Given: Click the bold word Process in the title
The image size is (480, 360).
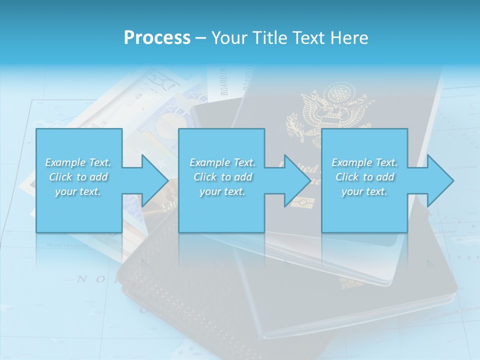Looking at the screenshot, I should (x=157, y=38).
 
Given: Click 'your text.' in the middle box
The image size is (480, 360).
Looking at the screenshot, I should (x=222, y=191).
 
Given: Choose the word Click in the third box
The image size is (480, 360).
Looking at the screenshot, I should (x=347, y=177).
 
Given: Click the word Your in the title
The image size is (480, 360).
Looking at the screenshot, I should (x=230, y=38).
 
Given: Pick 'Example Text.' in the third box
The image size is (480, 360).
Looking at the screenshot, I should (x=364, y=162).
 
